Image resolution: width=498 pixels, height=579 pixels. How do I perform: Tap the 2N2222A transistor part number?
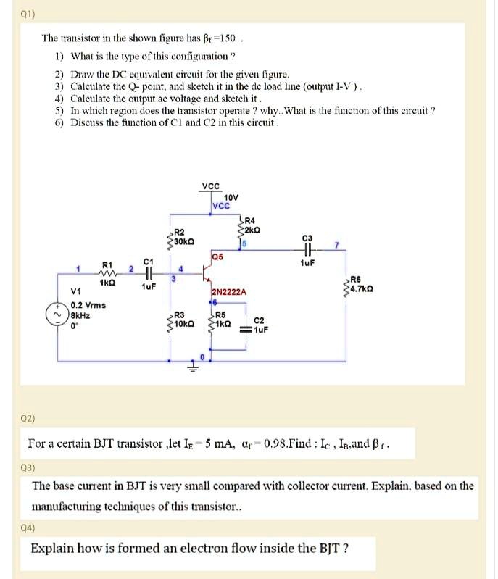click(x=229, y=291)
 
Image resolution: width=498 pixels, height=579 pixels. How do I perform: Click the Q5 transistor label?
click(x=218, y=256)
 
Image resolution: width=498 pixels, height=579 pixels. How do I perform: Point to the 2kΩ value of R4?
click(x=252, y=230)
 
